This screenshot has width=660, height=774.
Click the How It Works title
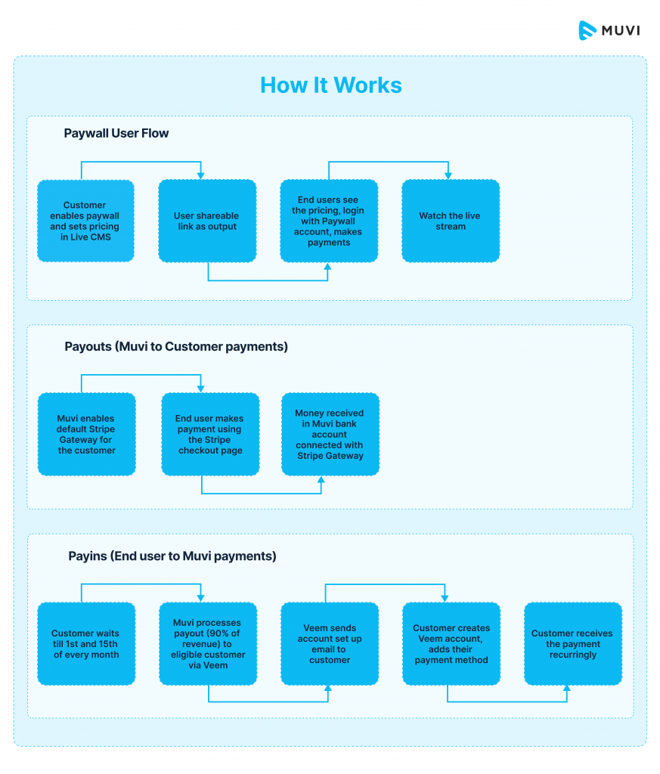tap(330, 85)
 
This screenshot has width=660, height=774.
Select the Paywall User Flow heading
tap(116, 133)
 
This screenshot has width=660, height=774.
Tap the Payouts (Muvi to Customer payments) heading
tap(176, 347)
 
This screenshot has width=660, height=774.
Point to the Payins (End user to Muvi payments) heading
tap(172, 556)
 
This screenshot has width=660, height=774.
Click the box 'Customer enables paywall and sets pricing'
tap(85, 221)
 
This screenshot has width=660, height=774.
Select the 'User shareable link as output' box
tap(207, 221)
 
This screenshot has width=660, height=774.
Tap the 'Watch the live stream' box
tap(451, 221)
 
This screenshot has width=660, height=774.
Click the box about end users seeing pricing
tap(329, 221)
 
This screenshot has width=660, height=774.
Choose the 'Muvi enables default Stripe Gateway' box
tap(87, 434)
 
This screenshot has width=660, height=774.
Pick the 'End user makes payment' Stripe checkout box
tap(210, 434)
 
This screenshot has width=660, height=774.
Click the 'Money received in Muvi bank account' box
tap(330, 434)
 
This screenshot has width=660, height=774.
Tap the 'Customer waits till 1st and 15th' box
tap(85, 644)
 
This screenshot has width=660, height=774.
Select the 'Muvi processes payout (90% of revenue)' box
tap(208, 644)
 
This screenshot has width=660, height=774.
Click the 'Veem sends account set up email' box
tap(330, 644)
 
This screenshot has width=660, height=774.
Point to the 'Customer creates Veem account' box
tap(451, 644)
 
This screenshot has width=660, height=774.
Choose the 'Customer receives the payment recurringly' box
tap(573, 644)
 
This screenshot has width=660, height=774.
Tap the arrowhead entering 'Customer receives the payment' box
tap(568, 689)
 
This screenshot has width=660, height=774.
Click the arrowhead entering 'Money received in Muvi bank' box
tap(321, 479)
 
